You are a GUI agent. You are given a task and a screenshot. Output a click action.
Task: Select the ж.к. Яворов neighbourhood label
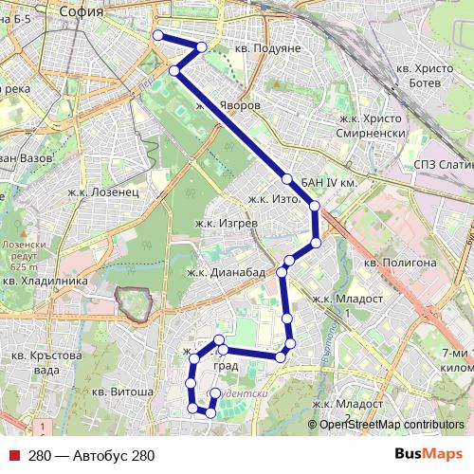(228, 107)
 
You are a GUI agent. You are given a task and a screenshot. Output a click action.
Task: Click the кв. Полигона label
(399, 262)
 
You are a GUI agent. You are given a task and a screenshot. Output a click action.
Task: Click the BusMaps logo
(428, 455)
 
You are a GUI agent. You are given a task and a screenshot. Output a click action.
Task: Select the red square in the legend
(13, 456)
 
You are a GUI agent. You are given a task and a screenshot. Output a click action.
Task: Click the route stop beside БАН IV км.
(286, 178)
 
